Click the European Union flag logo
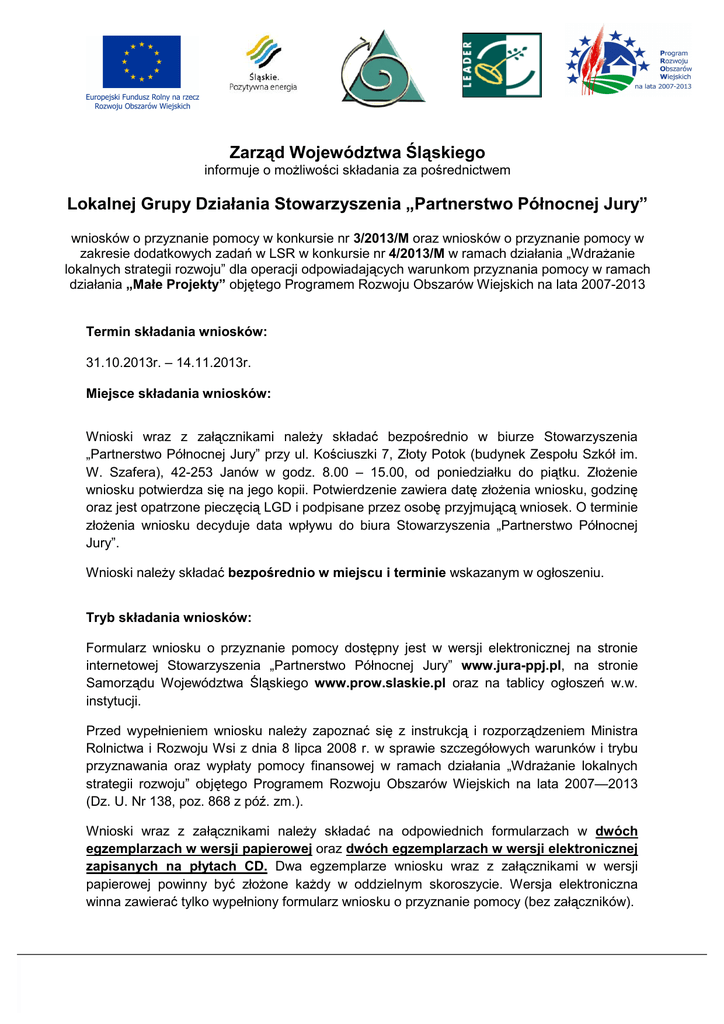click(x=141, y=62)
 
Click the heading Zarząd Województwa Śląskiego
click(x=357, y=153)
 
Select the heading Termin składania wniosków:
click(x=177, y=331)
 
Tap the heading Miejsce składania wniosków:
click(x=179, y=394)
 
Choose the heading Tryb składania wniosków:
click(x=169, y=618)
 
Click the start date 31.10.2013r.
click(x=121, y=362)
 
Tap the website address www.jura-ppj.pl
click(x=512, y=665)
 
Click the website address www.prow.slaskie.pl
click(x=379, y=684)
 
